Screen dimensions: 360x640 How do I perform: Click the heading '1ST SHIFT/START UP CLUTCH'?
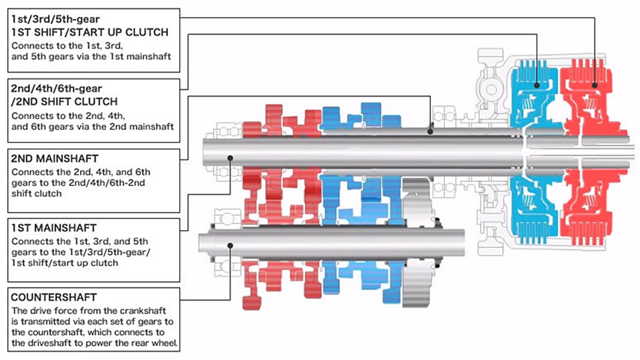tap(90, 32)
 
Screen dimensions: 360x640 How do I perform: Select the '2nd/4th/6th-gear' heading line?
tap(56, 88)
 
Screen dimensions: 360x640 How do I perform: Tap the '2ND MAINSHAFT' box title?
tap(54, 158)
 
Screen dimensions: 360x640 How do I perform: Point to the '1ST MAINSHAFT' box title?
tap(54, 228)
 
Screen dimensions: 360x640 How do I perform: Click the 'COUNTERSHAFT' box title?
tap(54, 298)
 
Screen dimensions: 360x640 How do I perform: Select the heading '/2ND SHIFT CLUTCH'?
tap(64, 102)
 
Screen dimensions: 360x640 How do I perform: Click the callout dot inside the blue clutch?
tap(537, 85)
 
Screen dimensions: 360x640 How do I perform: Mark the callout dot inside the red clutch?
tap(594, 85)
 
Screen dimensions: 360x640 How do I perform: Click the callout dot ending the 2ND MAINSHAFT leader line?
tap(430, 131)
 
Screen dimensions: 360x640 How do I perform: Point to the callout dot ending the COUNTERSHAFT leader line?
tap(230, 245)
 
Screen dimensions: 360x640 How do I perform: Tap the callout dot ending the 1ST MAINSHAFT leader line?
tap(230, 158)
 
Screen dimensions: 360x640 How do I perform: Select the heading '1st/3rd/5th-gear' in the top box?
tap(55, 19)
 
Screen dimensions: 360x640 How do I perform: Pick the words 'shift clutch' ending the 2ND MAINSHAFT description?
tap(36, 194)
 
